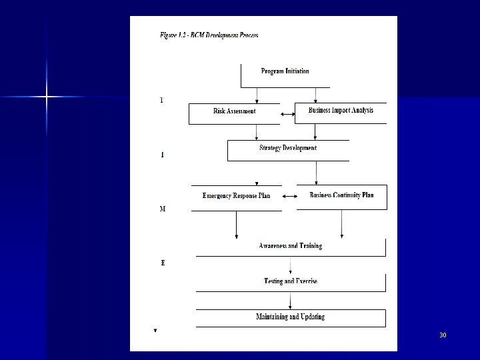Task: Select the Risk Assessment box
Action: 234,111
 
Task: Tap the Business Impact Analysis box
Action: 341,111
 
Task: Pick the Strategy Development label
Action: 288,148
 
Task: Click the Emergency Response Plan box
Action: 236,196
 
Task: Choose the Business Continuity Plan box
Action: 341,195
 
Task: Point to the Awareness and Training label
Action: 290,246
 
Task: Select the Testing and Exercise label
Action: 290,281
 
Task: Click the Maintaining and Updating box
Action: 290,317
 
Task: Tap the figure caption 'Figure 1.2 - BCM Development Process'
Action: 209,35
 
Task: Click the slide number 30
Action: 443,334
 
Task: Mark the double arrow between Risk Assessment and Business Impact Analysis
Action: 288,115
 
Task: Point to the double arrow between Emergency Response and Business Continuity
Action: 289,197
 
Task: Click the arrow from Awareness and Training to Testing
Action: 290,265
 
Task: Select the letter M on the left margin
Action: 163,209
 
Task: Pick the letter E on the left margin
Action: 163,263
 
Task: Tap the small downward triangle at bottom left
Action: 155,330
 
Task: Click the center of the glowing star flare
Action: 47,97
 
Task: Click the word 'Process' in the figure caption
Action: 247,35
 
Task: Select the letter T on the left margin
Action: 161,101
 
